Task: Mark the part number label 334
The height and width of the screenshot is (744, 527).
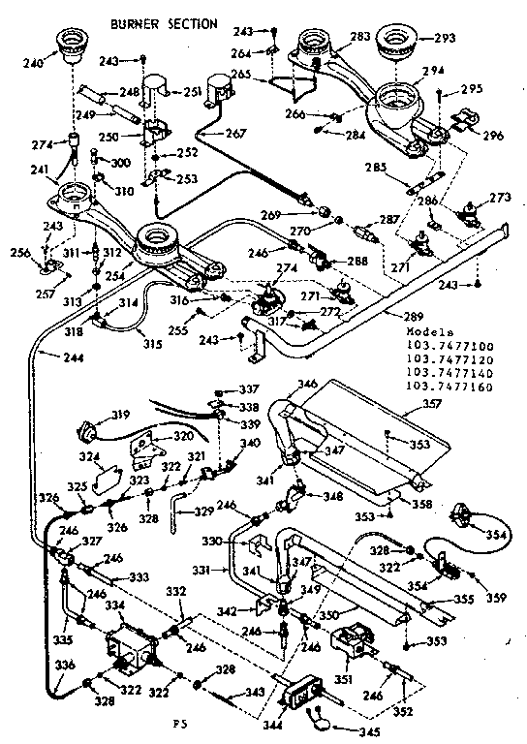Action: [x=115, y=605]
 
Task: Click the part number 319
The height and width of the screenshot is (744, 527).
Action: [x=119, y=416]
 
